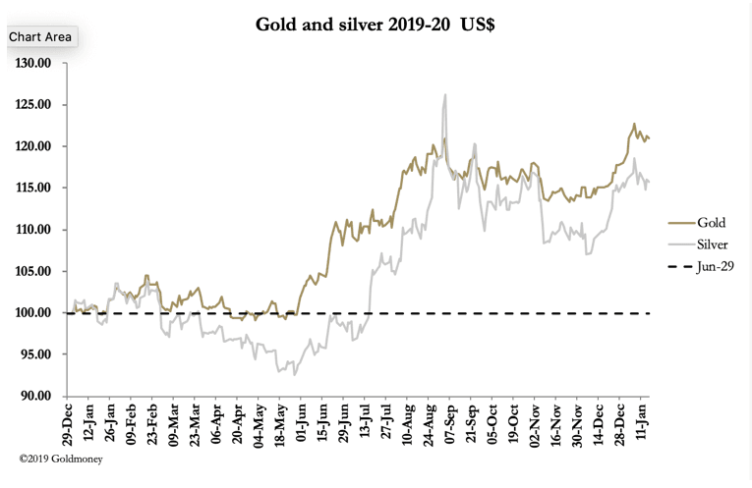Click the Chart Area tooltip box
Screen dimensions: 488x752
pyautogui.click(x=40, y=36)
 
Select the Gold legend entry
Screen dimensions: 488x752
pyautogui.click(x=710, y=222)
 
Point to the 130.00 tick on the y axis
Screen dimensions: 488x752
pyautogui.click(x=32, y=64)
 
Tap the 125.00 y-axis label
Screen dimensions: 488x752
pyautogui.click(x=32, y=105)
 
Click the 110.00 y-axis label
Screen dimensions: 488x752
pyautogui.click(x=32, y=230)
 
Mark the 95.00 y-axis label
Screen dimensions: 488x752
pyautogui.click(x=34, y=354)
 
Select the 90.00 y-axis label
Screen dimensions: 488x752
pyautogui.click(x=34, y=397)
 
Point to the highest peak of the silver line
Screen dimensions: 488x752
pyautogui.click(x=445, y=95)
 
